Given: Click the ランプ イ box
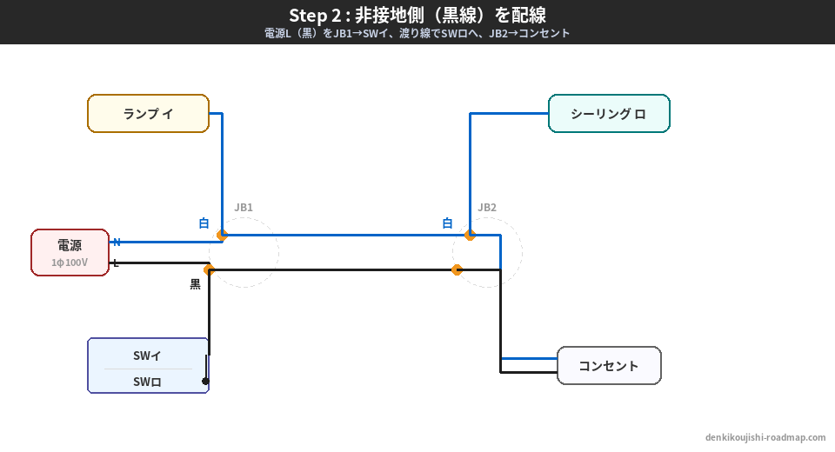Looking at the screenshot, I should (x=148, y=114).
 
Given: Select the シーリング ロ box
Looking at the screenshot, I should (x=609, y=114).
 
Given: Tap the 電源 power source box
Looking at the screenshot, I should (x=70, y=252).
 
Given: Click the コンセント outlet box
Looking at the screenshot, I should (x=609, y=366).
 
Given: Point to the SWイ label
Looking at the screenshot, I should (x=147, y=356).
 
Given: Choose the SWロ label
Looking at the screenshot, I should (x=147, y=382).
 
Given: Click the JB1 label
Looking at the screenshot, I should (x=244, y=208).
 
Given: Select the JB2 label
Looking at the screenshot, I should (x=487, y=208).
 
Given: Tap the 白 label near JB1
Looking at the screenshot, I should (x=204, y=223).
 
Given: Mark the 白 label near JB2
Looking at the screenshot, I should (x=447, y=223).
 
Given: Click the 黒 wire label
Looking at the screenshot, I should (x=195, y=284).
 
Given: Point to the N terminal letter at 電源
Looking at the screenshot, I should (x=117, y=243).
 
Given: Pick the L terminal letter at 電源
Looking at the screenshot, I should (x=116, y=263).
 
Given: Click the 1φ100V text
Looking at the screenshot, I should (x=70, y=263).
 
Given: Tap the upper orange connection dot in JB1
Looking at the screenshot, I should (x=223, y=235).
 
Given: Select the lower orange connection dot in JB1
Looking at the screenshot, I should (x=209, y=269).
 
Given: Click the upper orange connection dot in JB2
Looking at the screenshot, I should (x=470, y=235).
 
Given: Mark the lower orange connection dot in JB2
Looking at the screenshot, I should (x=457, y=269).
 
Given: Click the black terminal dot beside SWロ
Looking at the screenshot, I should (x=205, y=381).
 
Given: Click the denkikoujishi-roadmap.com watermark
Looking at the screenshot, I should (x=765, y=438).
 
